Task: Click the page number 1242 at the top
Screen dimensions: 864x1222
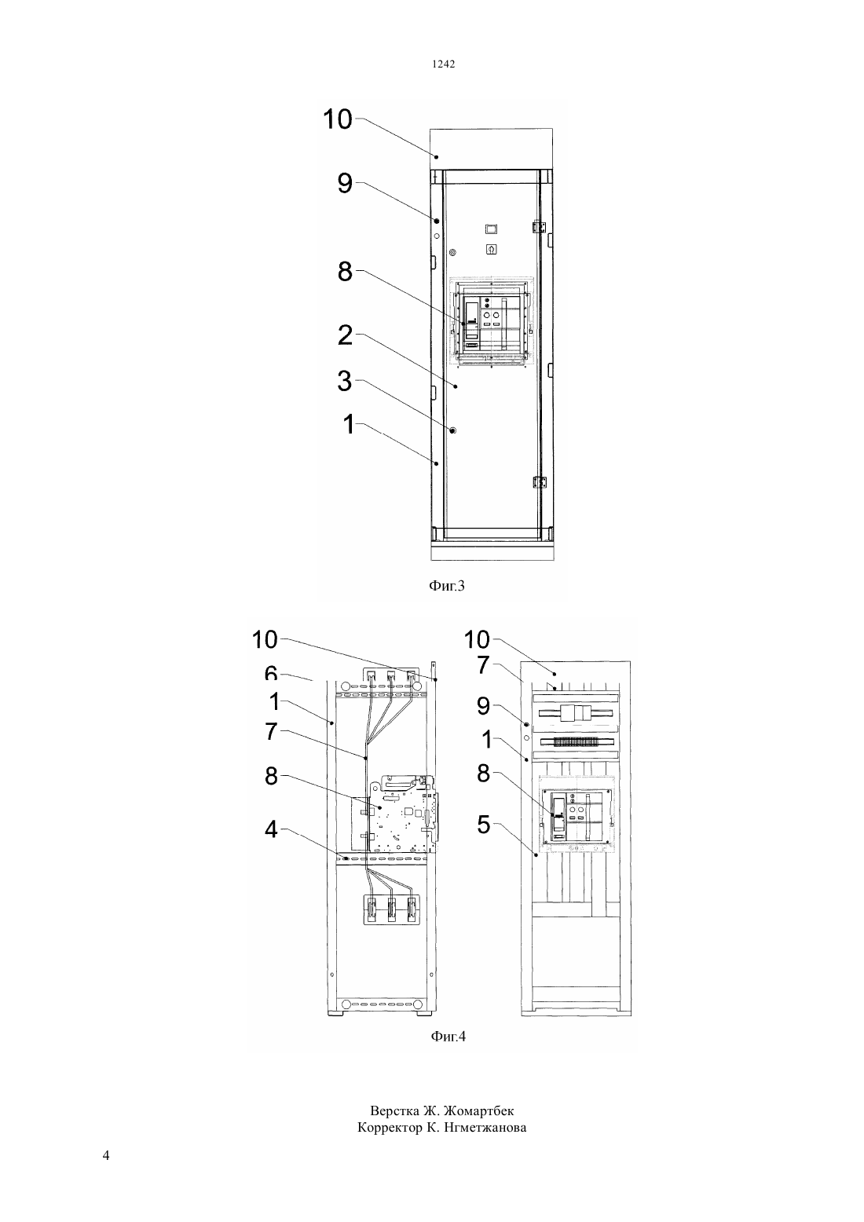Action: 443,64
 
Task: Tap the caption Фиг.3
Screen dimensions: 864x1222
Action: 446,587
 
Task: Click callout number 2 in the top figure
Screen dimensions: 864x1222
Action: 346,335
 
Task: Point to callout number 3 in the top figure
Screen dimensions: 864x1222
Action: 345,381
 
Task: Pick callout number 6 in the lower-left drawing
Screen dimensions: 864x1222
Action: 272,674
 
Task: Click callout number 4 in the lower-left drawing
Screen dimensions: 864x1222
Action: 272,830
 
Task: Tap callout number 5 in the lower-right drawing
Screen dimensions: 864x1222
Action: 484,825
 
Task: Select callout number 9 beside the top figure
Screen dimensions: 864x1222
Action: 346,183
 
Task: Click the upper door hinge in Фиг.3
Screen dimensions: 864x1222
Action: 539,227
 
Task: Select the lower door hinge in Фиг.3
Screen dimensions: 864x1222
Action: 539,483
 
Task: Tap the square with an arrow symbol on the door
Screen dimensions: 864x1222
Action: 492,250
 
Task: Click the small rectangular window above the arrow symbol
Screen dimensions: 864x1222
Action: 492,229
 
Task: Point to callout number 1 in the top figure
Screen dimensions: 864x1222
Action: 349,424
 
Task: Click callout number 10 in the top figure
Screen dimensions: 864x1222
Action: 339,119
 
